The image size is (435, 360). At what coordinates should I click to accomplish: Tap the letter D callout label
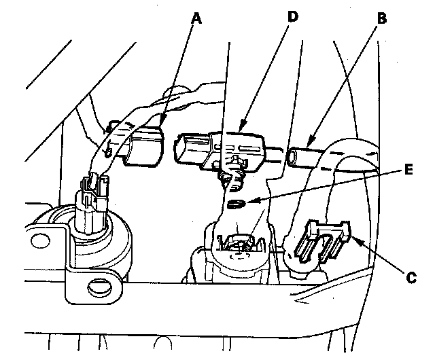tap(293, 16)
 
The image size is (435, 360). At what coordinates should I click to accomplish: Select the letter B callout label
tap(381, 18)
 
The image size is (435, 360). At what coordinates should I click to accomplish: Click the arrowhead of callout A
tap(163, 125)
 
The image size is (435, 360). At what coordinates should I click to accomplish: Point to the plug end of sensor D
tap(188, 149)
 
